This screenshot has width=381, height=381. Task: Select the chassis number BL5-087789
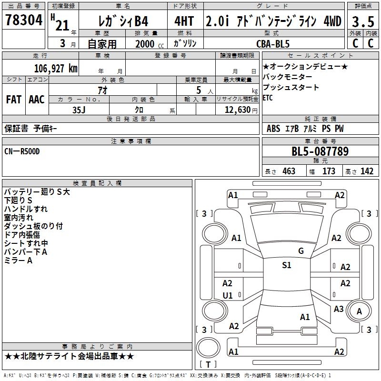[x=320, y=152]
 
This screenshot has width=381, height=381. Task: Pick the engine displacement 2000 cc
[x=144, y=43]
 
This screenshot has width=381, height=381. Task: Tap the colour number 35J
[x=79, y=109]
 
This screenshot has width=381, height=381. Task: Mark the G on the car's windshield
[x=301, y=251]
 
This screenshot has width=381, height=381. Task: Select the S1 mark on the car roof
[x=286, y=265]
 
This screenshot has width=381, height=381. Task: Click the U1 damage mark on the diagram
[x=228, y=295]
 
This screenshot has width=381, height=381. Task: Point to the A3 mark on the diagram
[x=339, y=309]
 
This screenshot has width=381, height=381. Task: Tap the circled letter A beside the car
[x=360, y=311]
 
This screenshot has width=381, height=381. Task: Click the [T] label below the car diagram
[x=208, y=365]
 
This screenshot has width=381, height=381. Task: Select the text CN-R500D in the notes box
[x=22, y=151]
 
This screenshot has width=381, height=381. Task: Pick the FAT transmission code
[x=13, y=100]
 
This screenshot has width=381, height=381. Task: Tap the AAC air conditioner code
[x=36, y=100]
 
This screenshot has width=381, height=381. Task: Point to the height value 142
[x=367, y=171]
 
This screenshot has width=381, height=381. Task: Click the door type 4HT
[x=184, y=21]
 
